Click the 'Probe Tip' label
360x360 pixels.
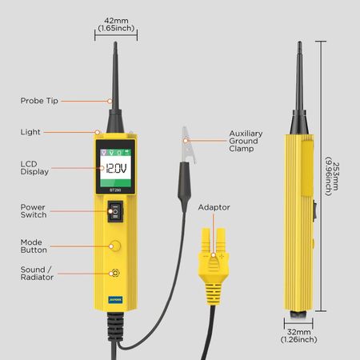pyautogui.click(x=39, y=101)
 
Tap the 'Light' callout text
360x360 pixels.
pyautogui.click(x=30, y=132)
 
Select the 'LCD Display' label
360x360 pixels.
pyautogui.click(x=34, y=168)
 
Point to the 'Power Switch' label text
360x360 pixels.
pyautogui.click(x=34, y=211)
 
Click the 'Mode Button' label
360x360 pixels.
pyautogui.click(x=34, y=246)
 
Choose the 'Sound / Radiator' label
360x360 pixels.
pyautogui.click(x=37, y=274)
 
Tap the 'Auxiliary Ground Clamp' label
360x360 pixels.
pyautogui.click(x=246, y=141)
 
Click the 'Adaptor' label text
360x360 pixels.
pyautogui.click(x=214, y=207)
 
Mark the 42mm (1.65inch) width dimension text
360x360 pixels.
pyautogui.click(x=116, y=24)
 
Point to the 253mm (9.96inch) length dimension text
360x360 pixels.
pyautogui.click(x=332, y=176)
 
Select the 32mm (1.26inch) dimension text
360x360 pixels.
pyautogui.click(x=298, y=336)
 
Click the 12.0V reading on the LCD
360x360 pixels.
pyautogui.click(x=116, y=169)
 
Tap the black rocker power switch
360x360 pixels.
pyautogui.click(x=115, y=211)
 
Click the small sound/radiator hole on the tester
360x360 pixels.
pyautogui.click(x=115, y=273)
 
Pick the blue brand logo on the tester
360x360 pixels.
pyautogui.click(x=115, y=299)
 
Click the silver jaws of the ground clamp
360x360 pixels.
pyautogui.click(x=188, y=144)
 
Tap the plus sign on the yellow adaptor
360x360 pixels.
pyautogui.click(x=222, y=257)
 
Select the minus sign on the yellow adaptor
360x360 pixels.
pyautogui.click(x=206, y=256)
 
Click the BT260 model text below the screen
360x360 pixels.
pyautogui.click(x=115, y=190)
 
